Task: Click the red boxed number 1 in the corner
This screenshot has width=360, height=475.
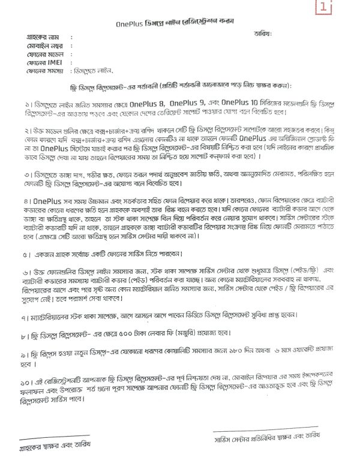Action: [340, 8]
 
